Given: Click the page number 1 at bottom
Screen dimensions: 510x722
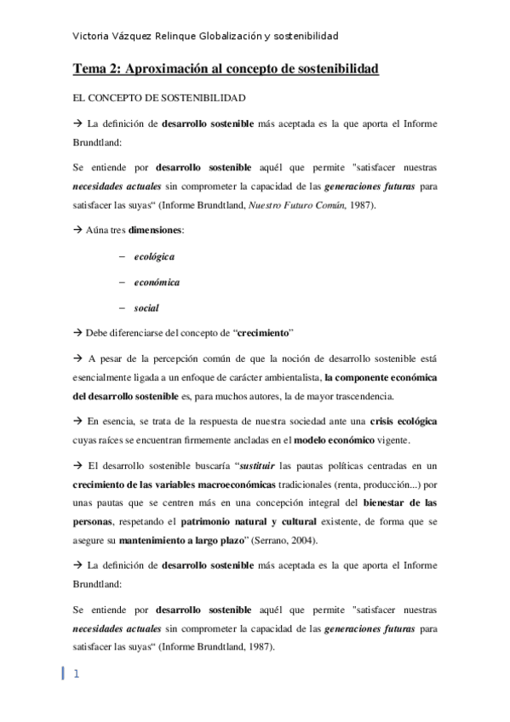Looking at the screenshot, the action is click(76, 674).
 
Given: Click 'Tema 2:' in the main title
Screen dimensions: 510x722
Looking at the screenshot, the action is click(97, 67).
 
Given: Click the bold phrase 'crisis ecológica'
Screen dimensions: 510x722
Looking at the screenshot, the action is click(405, 421).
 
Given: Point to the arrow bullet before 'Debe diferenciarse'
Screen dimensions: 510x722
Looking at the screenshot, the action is click(77, 333).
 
